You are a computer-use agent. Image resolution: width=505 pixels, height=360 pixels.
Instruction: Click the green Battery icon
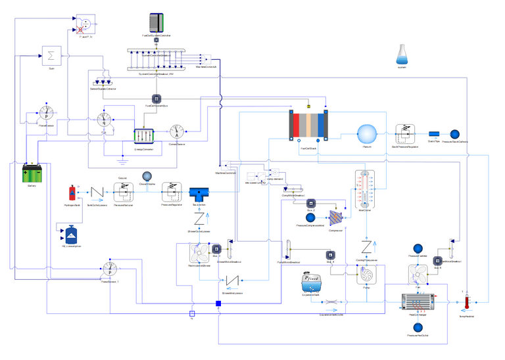(35, 174)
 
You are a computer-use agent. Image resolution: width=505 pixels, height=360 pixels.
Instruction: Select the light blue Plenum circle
(365, 133)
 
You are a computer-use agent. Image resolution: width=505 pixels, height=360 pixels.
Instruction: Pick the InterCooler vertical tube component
(366, 189)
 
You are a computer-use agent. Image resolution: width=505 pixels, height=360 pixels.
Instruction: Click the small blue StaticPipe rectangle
(433, 134)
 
